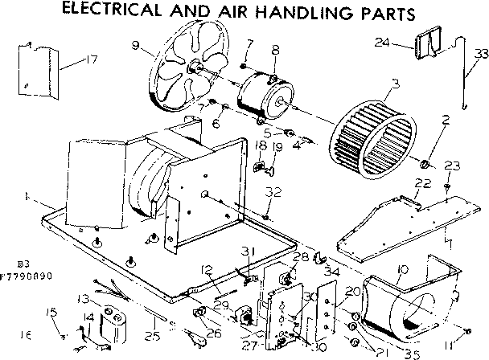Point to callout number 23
[x=452, y=166]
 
